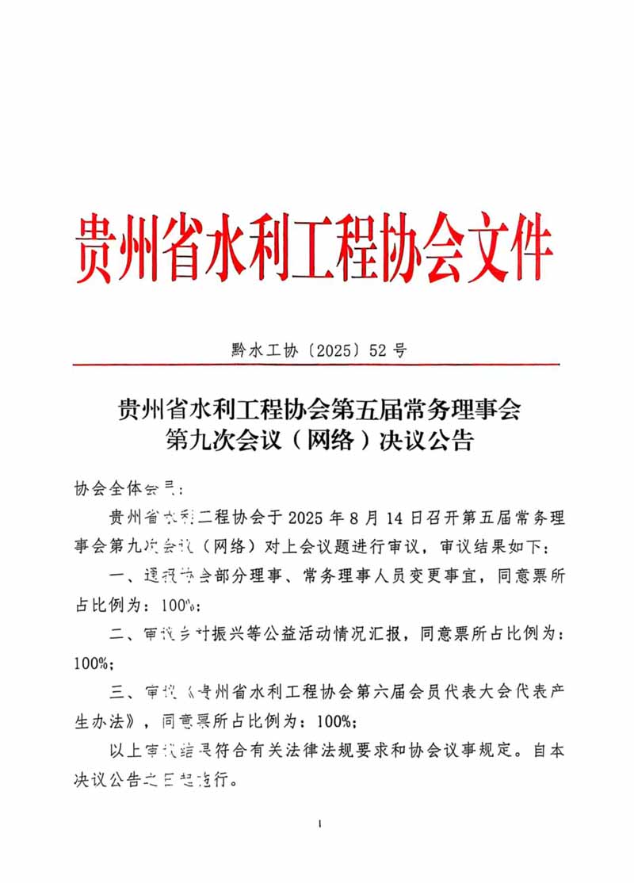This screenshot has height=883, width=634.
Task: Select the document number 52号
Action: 388,350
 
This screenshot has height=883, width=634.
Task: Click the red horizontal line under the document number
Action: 316,365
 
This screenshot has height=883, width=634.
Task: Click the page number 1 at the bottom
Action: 319,825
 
